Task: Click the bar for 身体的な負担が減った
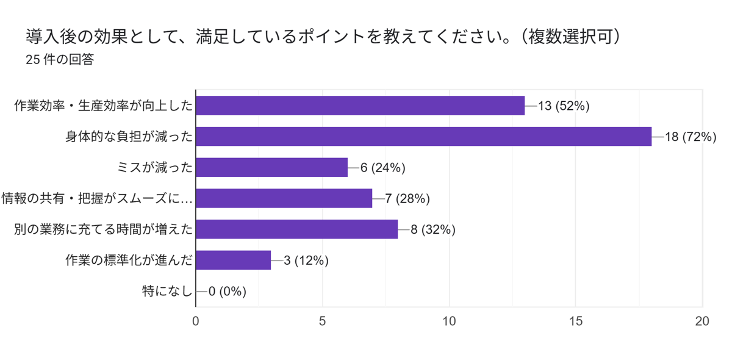tap(423, 137)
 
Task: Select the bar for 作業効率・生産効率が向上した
tap(360, 106)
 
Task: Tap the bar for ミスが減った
tap(271, 167)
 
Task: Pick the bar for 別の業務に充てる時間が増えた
tap(296, 229)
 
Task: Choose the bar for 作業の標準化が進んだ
tap(233, 261)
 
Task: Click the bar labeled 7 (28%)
tap(284, 198)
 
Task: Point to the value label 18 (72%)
tap(690, 137)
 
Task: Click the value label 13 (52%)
tap(563, 106)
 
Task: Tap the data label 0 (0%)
tap(227, 292)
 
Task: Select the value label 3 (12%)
tap(306, 261)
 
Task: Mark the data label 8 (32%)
tap(432, 229)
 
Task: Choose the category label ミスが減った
tap(154, 167)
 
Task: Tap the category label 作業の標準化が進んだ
tap(129, 261)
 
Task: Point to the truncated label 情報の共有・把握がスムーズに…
tap(97, 198)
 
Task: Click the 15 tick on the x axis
tap(576, 321)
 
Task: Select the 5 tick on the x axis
tap(322, 321)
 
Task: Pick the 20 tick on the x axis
tap(702, 321)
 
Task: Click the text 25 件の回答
tap(60, 60)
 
